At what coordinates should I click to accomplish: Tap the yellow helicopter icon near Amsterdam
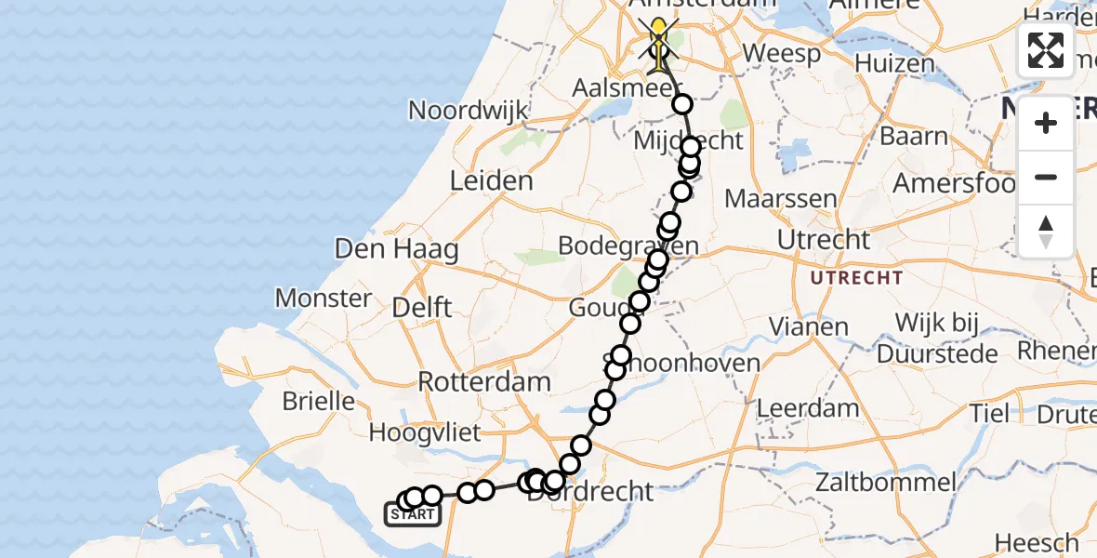(x=659, y=42)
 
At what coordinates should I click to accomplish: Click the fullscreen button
(x=1046, y=50)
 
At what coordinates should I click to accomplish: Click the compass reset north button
(x=1046, y=232)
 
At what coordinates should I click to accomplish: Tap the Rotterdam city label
(x=484, y=381)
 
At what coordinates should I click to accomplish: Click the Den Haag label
(x=410, y=249)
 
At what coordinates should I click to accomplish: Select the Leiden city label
(x=491, y=180)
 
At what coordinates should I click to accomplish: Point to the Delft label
(x=422, y=307)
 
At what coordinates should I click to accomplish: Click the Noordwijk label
(x=469, y=111)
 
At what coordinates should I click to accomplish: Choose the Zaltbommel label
(x=885, y=482)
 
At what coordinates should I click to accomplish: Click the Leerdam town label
(x=808, y=407)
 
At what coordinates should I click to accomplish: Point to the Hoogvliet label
(x=425, y=432)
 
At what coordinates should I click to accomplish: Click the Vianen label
(x=810, y=327)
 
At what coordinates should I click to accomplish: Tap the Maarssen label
(x=781, y=199)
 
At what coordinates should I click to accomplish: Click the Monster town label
(x=324, y=299)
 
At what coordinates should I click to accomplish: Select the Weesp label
(x=782, y=53)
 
